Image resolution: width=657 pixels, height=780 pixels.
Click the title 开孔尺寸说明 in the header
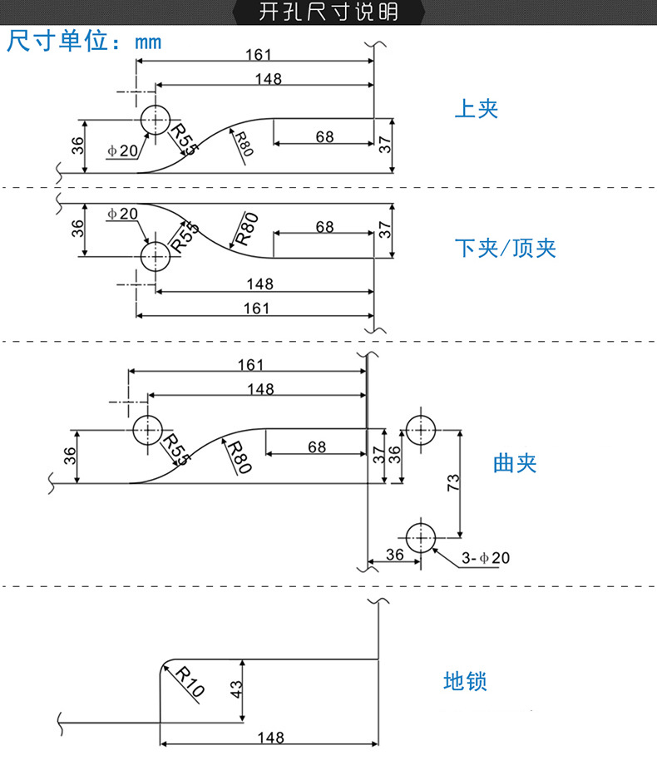click(x=328, y=12)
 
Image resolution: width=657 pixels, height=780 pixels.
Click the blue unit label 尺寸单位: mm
click(x=84, y=41)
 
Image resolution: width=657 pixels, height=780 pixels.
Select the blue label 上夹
click(x=476, y=109)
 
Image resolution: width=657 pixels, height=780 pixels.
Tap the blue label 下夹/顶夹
click(x=505, y=248)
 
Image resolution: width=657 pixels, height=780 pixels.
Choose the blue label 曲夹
click(x=515, y=463)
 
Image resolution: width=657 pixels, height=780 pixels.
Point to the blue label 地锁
click(x=465, y=682)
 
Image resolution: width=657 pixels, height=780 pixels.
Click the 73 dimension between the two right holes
click(x=453, y=483)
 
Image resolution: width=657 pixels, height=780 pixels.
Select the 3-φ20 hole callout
click(x=485, y=558)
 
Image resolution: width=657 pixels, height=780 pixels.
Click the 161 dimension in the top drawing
click(x=259, y=55)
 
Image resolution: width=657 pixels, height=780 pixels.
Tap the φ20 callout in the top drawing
click(x=122, y=151)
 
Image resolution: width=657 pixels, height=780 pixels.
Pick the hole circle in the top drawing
click(x=155, y=121)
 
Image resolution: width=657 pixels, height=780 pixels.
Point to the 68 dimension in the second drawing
click(x=324, y=227)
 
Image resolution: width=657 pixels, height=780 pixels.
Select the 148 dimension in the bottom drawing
click(x=270, y=738)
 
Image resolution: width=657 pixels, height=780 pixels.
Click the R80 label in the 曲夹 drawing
click(x=239, y=457)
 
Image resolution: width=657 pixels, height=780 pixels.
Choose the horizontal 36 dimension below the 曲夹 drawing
click(x=394, y=555)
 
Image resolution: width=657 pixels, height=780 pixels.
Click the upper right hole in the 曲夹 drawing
click(x=421, y=430)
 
